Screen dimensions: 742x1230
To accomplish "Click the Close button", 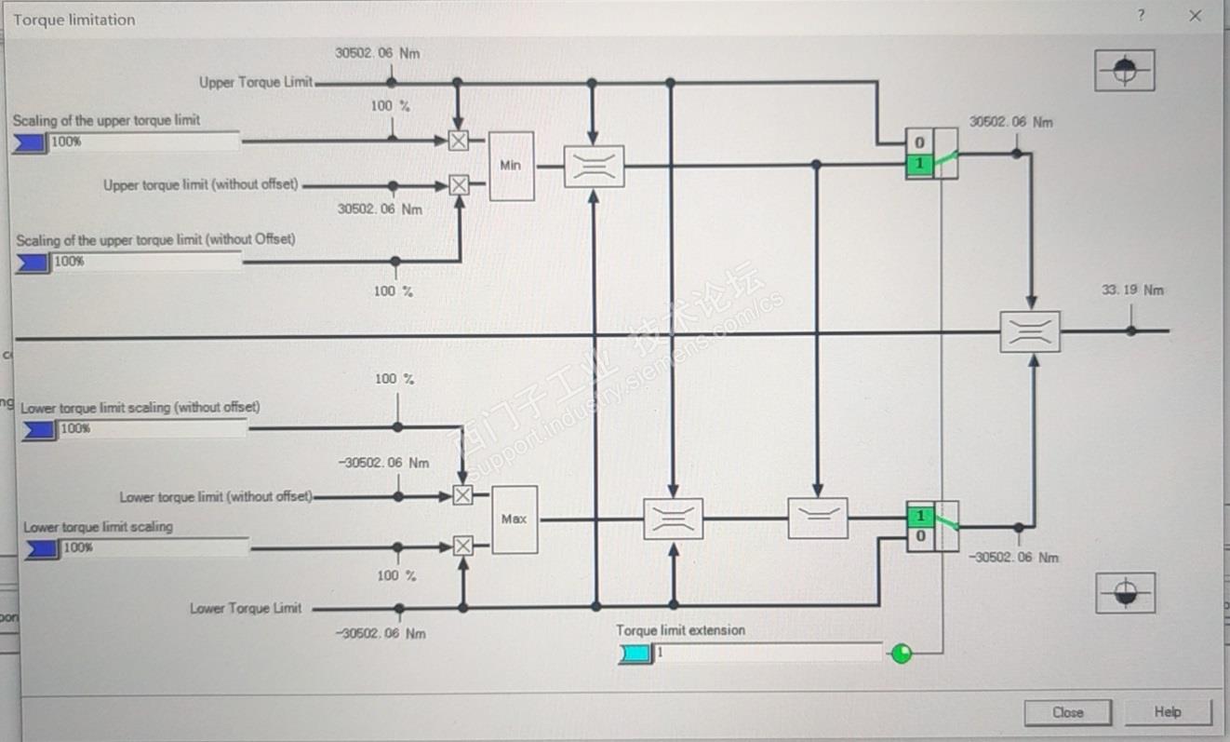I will point(1067,712).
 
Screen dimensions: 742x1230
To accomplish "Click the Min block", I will point(511,166).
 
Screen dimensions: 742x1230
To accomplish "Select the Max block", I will point(514,519).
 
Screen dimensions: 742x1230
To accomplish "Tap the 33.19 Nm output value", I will point(1131,290).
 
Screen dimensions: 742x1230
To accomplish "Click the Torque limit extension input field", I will point(767,653).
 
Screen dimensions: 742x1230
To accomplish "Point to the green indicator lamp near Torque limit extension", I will point(901,654).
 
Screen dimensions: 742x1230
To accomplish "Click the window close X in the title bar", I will point(1196,16).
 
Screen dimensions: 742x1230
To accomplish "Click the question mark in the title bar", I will point(1141,16).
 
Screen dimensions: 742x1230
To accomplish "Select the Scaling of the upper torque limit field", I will point(144,142).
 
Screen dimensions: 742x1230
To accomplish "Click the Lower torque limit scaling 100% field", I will point(154,547).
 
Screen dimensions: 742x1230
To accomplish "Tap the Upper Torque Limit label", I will point(256,82).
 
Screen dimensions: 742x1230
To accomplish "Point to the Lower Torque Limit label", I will point(246,608).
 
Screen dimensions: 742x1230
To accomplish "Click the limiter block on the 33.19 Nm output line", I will point(1030,331).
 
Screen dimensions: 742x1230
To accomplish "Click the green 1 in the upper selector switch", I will point(919,164).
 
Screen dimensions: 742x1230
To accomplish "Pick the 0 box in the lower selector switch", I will point(920,536).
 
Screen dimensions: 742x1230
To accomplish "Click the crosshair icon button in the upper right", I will point(1124,70).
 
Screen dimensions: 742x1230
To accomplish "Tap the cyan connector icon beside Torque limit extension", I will point(635,654).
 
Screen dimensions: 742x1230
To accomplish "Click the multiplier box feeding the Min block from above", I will point(458,141).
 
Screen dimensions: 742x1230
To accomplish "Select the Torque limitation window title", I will point(74,20).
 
